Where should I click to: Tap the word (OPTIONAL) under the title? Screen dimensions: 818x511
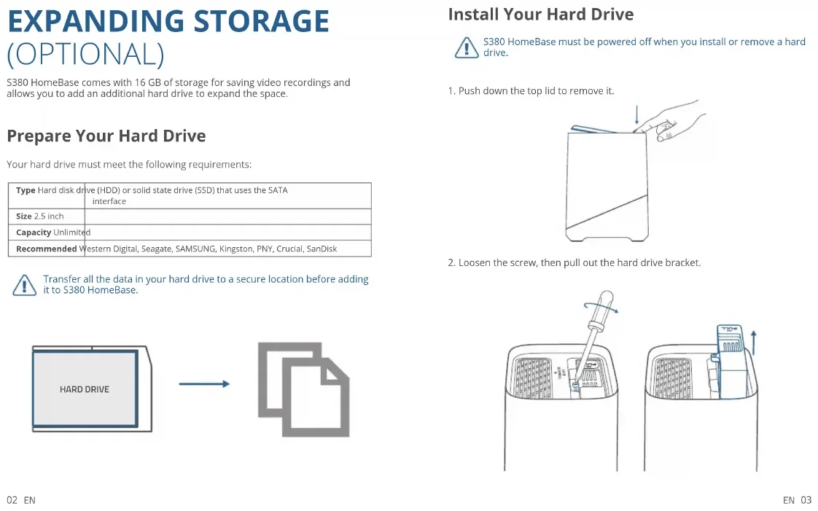[85, 55]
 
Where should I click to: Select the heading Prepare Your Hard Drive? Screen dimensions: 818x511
[106, 136]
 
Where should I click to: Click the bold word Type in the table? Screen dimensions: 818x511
[26, 190]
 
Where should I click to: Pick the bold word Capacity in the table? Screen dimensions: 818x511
[34, 233]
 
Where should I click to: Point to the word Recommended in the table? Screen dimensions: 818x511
[46, 249]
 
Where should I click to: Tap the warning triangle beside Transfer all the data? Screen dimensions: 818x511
[24, 285]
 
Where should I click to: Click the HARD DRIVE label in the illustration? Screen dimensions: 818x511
[85, 389]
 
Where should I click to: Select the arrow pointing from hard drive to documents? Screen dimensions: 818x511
[204, 384]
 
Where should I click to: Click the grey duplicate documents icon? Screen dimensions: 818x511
[303, 389]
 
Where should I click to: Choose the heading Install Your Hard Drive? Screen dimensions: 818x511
[540, 15]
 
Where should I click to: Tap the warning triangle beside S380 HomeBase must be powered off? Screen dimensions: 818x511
[466, 48]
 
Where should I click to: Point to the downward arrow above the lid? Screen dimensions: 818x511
[637, 114]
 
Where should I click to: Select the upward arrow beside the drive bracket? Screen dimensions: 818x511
[754, 341]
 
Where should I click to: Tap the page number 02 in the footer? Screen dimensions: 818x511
[12, 500]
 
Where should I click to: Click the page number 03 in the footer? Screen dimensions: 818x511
[806, 500]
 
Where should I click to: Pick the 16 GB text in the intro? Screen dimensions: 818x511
[149, 82]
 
